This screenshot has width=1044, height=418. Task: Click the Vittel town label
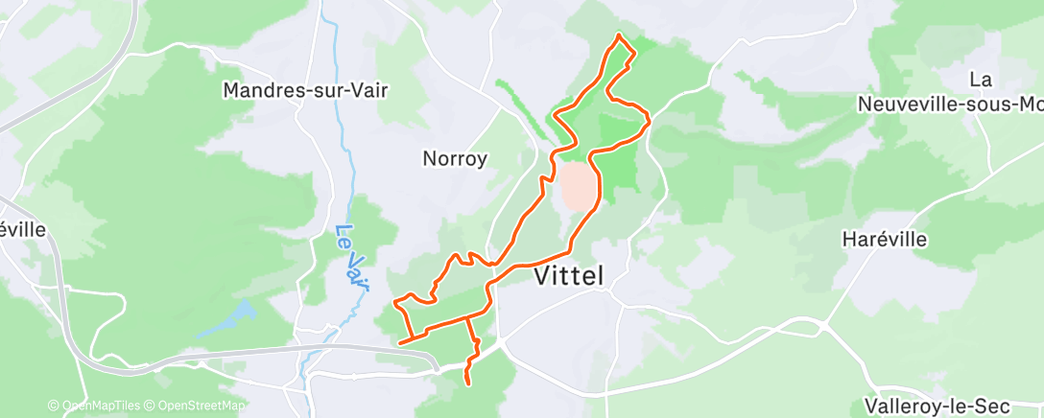coord(568,276)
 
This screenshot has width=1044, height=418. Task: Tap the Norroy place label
coord(456,158)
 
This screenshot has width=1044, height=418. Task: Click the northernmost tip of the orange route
coord(619,35)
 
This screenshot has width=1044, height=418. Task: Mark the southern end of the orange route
coord(467,383)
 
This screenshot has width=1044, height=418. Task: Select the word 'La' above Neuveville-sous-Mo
coord(980,79)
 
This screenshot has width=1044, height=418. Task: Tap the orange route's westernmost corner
coord(395,304)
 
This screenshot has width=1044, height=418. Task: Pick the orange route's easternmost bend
coord(650,120)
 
